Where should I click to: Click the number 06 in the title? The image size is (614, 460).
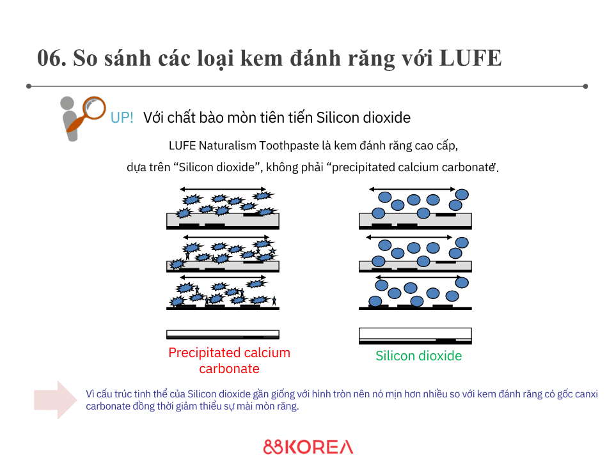(x=51, y=58)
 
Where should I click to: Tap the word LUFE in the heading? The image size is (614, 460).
(x=471, y=58)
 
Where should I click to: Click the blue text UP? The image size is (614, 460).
(x=122, y=118)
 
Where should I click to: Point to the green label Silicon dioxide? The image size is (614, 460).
(x=418, y=356)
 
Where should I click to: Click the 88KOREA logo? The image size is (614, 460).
(x=308, y=447)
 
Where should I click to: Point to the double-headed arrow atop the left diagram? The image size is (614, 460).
(x=223, y=189)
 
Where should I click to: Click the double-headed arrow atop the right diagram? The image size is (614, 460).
(x=413, y=189)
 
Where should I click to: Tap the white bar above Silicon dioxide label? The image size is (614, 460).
(x=415, y=335)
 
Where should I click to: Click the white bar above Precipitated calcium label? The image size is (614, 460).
(x=223, y=333)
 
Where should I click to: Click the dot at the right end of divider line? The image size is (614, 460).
(x=585, y=86)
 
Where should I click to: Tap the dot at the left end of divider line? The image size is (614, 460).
(x=29, y=86)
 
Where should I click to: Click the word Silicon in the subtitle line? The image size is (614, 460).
(x=340, y=118)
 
